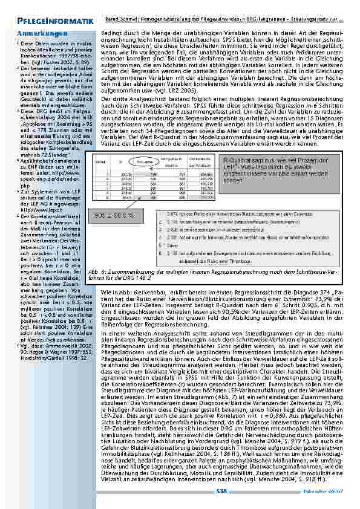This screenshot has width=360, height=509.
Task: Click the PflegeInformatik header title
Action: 48,23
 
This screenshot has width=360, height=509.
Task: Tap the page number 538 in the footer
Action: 221,492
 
